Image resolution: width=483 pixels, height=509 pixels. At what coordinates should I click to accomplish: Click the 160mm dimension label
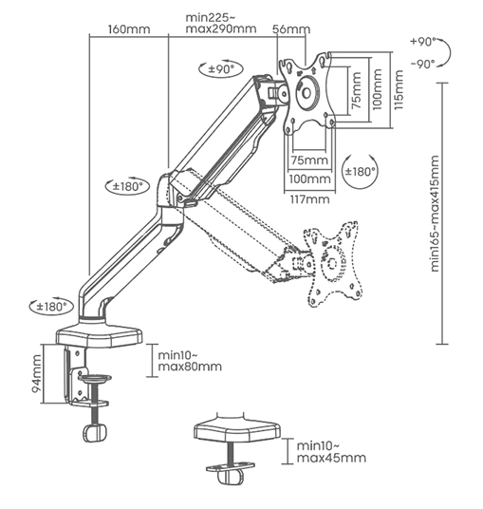[x=129, y=28]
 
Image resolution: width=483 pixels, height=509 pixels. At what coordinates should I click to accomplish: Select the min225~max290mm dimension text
[x=221, y=23]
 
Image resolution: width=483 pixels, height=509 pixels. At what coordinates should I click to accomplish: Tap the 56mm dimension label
[x=286, y=28]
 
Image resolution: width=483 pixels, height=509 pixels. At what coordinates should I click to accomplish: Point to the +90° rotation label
[x=422, y=43]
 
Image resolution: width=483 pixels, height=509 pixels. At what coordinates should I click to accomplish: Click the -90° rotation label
[x=422, y=63]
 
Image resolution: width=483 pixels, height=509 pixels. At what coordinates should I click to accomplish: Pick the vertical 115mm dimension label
[x=399, y=89]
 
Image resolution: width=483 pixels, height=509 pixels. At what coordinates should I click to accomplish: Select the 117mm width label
[x=310, y=198]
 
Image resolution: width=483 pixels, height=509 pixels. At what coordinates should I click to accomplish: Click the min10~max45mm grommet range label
[x=330, y=451]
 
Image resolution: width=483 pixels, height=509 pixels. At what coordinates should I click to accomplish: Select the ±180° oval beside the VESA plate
[x=360, y=172]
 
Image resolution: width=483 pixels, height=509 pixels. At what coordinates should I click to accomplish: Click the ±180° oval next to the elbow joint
[x=126, y=186]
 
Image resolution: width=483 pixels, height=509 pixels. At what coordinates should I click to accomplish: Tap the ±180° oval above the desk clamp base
[x=54, y=307]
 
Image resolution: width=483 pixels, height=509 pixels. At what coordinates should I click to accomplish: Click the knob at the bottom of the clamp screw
[x=93, y=432]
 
